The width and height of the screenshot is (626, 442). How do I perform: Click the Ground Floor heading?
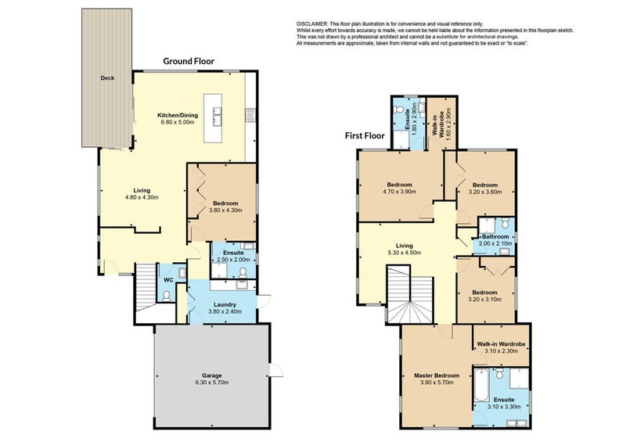[x=189, y=61]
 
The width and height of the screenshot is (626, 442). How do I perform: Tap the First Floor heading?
[x=365, y=136]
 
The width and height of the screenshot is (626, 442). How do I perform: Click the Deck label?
[x=107, y=78]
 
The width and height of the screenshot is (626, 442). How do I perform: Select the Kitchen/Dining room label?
[x=178, y=116]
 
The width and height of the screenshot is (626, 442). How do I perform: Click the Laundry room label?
[x=225, y=304]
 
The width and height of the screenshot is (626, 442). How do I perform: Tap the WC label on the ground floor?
[x=169, y=280]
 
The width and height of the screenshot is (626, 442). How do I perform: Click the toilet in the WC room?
[x=167, y=296]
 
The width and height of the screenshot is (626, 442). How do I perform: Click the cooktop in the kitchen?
[x=250, y=115]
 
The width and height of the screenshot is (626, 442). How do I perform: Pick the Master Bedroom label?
[x=437, y=376]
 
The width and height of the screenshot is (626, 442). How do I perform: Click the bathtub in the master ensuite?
[x=481, y=385]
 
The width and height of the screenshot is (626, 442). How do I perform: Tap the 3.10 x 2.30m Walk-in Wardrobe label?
[x=501, y=347]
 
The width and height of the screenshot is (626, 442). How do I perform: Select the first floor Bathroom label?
[x=495, y=237]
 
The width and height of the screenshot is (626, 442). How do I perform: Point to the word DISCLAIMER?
[x=312, y=24]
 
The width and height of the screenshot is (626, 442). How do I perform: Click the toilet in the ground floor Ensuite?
[x=243, y=272]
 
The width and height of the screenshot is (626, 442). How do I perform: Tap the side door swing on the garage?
[x=277, y=370]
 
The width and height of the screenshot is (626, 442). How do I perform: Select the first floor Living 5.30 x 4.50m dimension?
[x=404, y=253]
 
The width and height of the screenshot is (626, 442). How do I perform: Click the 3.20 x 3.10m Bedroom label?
[x=485, y=296]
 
